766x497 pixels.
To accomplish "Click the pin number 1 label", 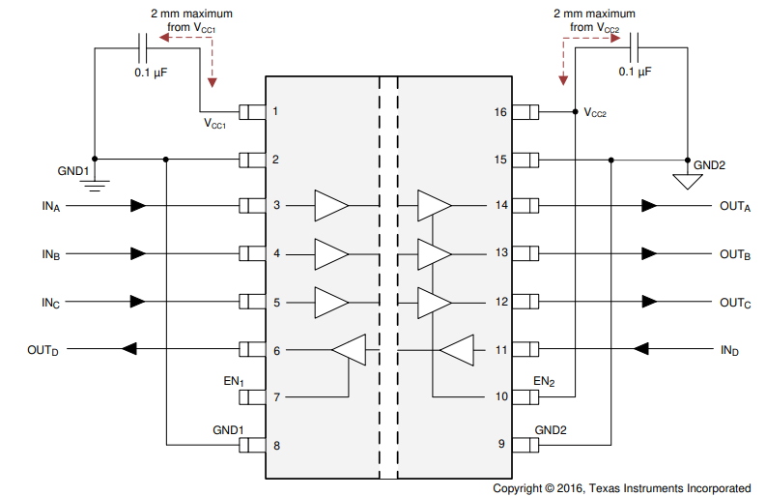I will pos(275,112).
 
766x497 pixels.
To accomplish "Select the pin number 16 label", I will pos(499,112).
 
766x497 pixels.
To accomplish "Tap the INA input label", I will pos(50,206).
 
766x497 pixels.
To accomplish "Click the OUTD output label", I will pos(43,350).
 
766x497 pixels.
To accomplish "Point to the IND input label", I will pos(729,349).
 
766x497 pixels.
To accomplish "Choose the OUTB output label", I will pos(735,254).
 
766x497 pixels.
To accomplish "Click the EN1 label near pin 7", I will pos(233,383).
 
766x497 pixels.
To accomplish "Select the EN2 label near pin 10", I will pos(545,382).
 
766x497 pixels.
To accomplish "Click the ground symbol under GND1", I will pos(94,180).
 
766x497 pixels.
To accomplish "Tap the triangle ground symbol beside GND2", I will pos(687,180).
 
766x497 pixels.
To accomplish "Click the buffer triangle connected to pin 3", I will pos(331,206).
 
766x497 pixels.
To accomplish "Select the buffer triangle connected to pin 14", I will pos(434,206).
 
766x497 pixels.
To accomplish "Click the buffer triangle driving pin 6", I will pos(349,350).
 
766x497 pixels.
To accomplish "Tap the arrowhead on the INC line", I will pos(138,302).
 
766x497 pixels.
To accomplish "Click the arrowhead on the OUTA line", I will pos(649,206).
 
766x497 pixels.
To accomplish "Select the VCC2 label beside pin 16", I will pos(595,113).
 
